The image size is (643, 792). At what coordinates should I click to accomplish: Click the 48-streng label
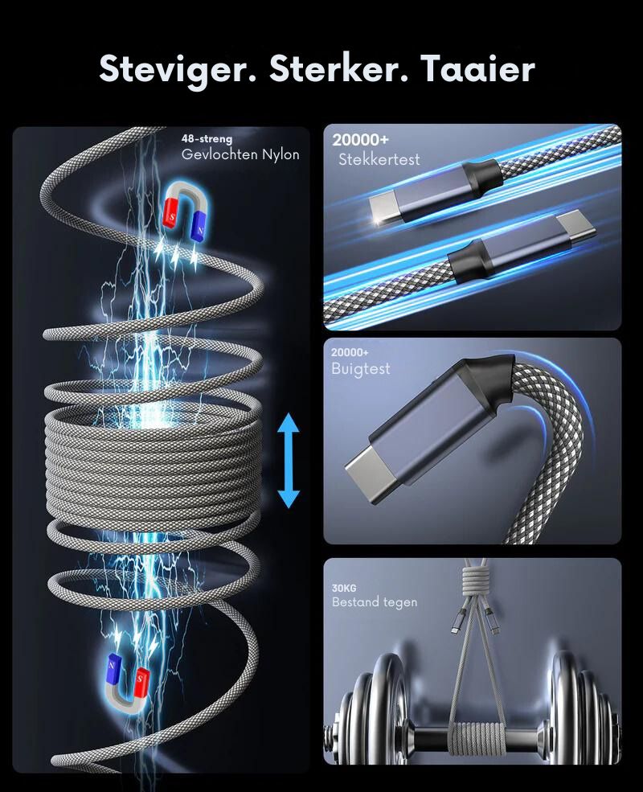click(x=207, y=138)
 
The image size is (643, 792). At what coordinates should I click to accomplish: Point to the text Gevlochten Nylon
click(x=240, y=154)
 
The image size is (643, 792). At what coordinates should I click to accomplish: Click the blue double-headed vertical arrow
click(x=289, y=460)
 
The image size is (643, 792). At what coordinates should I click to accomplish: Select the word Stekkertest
click(x=379, y=160)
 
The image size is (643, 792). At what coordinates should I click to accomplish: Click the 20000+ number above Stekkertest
click(x=360, y=140)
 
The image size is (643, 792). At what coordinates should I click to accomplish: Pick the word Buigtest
click(x=360, y=369)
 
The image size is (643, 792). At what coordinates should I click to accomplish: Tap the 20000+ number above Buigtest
click(x=350, y=352)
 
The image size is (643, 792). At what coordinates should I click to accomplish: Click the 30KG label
click(x=344, y=588)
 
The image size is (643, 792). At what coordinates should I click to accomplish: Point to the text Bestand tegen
click(x=375, y=602)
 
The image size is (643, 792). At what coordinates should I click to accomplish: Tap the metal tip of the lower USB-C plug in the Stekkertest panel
click(x=575, y=228)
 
